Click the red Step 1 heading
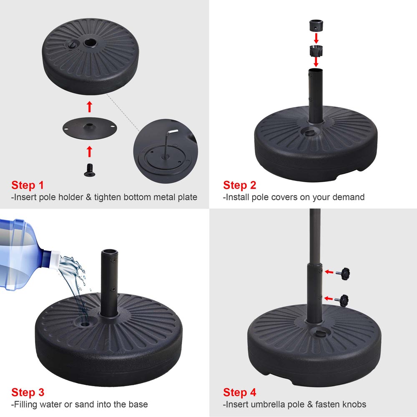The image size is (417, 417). point(28,185)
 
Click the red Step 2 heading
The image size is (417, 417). point(239,185)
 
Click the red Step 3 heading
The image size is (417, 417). point(28,392)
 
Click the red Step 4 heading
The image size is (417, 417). point(239,392)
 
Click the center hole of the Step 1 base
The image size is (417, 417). point(89,43)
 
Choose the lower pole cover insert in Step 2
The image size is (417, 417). point(316,51)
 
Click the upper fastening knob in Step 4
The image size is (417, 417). point(344,272)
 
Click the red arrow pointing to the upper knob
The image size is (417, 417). point(329,272)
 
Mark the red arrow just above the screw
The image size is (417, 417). point(89,150)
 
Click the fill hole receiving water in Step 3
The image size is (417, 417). point(85,323)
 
